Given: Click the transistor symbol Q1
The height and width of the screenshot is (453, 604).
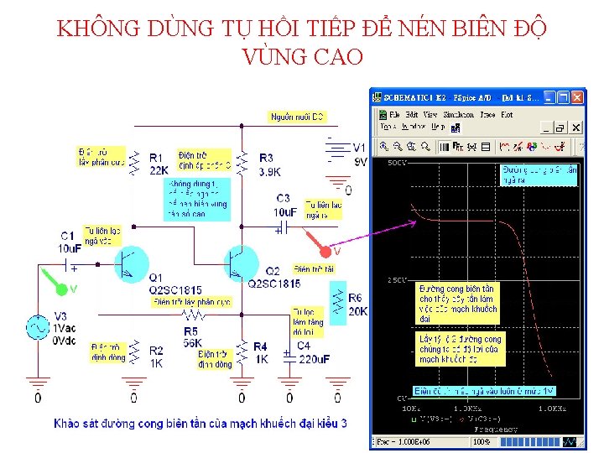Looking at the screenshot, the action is point(130,263).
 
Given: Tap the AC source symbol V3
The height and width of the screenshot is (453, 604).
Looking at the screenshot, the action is point(38,328).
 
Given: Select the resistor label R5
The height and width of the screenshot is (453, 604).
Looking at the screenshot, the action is point(191,331).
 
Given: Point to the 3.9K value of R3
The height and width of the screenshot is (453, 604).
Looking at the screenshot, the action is point(270,171).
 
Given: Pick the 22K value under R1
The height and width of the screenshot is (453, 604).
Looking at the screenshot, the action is point(159,171).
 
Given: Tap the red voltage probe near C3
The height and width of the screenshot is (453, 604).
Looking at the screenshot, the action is point(323,249).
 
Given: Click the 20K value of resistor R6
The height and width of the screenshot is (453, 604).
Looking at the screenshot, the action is point(357,311).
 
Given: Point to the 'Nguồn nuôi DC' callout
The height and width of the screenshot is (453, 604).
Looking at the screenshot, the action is point(297,117).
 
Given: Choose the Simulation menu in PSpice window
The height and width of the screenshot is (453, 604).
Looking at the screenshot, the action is point(458,114).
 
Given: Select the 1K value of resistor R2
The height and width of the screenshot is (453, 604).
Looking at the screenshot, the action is point(156,363).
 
